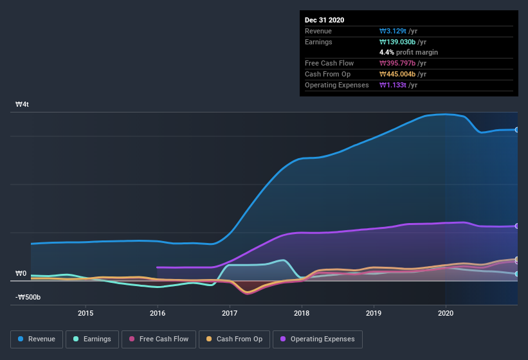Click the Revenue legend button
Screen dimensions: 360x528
coord(37,339)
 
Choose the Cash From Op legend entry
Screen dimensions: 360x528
coord(233,339)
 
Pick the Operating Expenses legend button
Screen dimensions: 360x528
coord(318,339)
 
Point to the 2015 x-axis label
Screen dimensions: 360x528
coord(86,313)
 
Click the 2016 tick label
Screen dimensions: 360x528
coord(158,313)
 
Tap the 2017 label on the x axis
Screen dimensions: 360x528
coord(230,313)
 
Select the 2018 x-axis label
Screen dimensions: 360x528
coord(302,313)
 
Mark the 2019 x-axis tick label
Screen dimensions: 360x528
coord(374,313)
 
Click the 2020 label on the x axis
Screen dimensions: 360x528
coord(446,313)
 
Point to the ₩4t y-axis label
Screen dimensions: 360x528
coord(22,104)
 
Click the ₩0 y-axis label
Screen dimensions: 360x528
coord(21,274)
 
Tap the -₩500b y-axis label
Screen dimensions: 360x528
coord(28,297)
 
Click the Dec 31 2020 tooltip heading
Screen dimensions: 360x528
coord(325,20)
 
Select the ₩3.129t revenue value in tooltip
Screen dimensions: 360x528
coord(393,31)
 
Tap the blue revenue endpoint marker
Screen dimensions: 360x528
coord(517,130)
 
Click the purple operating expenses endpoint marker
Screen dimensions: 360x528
coord(517,226)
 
